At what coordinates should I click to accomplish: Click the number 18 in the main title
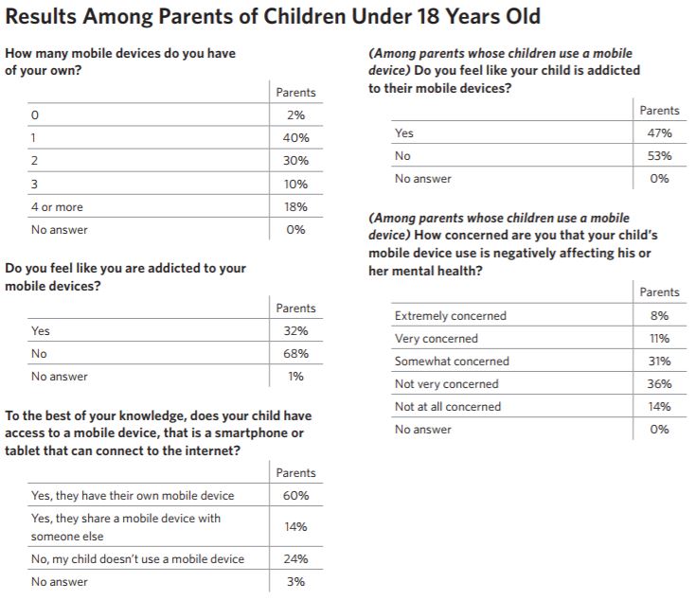pyautogui.click(x=429, y=17)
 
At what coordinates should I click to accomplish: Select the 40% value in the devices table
pyautogui.click(x=296, y=138)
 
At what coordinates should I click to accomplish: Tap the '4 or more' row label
pyautogui.click(x=57, y=207)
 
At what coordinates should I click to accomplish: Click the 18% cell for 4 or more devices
pyautogui.click(x=296, y=207)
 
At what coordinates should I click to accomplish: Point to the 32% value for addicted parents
pyautogui.click(x=296, y=331)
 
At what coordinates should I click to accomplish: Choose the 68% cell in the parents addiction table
pyautogui.click(x=296, y=354)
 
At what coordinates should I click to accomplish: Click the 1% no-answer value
pyautogui.click(x=296, y=377)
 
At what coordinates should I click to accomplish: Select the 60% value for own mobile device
pyautogui.click(x=296, y=495)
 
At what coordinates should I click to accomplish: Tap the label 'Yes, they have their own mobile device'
pyautogui.click(x=133, y=495)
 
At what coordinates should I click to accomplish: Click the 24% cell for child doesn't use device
pyautogui.click(x=296, y=558)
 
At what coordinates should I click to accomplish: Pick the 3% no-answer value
pyautogui.click(x=296, y=581)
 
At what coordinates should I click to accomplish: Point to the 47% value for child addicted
pyautogui.click(x=660, y=132)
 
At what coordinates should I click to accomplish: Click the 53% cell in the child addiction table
pyautogui.click(x=660, y=156)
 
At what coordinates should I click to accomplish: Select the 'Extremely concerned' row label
pyautogui.click(x=451, y=315)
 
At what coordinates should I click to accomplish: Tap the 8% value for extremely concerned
pyautogui.click(x=660, y=315)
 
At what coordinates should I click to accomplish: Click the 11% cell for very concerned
pyautogui.click(x=660, y=339)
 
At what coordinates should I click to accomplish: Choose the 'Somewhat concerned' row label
pyautogui.click(x=452, y=362)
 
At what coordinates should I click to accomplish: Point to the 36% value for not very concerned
pyautogui.click(x=660, y=383)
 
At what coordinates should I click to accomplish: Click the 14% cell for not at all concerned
pyautogui.click(x=660, y=406)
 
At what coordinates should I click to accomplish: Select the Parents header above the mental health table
pyautogui.click(x=660, y=292)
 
